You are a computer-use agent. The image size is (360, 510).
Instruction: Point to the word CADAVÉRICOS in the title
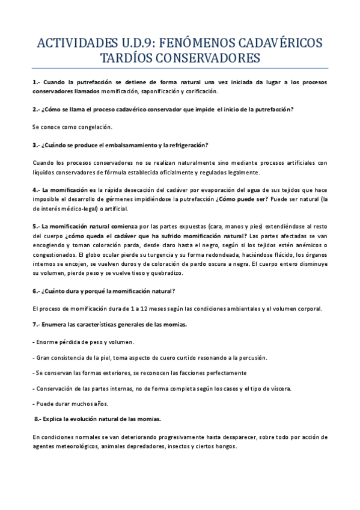click(x=281, y=43)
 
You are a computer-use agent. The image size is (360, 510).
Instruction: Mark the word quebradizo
click(x=172, y=272)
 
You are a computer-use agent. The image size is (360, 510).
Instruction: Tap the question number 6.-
click(x=36, y=290)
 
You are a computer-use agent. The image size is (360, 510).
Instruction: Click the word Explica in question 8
click(x=56, y=419)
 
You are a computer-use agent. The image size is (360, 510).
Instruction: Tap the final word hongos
click(x=225, y=447)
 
